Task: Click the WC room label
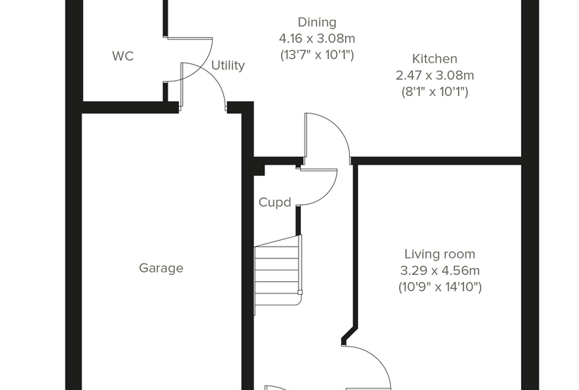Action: coord(123,56)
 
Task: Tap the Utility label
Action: coord(228,66)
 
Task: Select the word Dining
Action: coord(317,23)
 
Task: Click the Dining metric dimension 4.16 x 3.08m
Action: coord(317,38)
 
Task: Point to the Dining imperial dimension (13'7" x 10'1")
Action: coord(317,55)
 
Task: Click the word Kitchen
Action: coord(434,59)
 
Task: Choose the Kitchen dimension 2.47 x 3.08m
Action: coord(434,75)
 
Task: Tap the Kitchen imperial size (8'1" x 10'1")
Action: coord(434,91)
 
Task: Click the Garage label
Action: coord(161,268)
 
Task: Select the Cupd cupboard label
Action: coord(275,203)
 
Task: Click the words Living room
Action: coord(440,254)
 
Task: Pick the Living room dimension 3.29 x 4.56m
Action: coord(440,270)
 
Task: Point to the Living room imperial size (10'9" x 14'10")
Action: coord(440,286)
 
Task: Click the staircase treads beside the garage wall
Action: coord(277,275)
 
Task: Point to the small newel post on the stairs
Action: coord(300,292)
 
